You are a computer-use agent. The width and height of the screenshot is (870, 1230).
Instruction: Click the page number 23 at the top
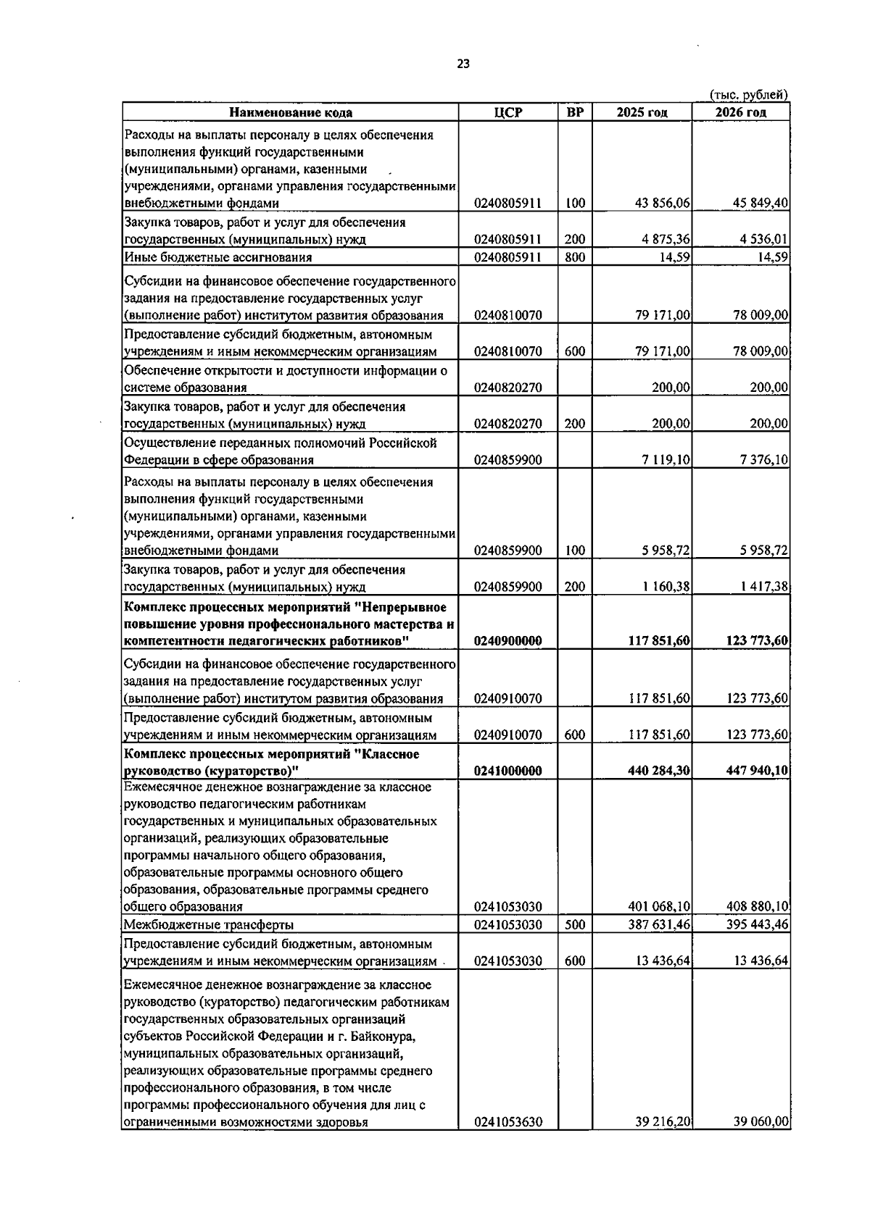pos(463,64)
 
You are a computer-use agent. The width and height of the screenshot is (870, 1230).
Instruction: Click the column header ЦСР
pos(507,112)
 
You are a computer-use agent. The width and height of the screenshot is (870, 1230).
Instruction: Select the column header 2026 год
pos(740,112)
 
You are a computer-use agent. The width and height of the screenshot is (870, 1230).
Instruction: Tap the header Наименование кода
pos(291,112)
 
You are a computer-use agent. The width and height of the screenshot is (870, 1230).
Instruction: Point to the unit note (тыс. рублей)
pos(748,95)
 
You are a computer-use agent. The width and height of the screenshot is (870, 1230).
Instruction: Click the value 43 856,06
pos(662,204)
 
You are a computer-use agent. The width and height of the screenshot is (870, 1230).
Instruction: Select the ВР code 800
pos(574,257)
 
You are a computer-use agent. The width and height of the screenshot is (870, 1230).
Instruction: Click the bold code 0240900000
pos(507,641)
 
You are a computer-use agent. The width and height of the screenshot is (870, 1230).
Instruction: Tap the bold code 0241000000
pos(507,771)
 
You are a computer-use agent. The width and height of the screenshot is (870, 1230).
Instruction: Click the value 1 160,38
pos(666,587)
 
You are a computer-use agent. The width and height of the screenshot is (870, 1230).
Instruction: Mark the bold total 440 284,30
pos(658,771)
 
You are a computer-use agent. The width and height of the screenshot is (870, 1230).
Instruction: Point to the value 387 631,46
pos(658,925)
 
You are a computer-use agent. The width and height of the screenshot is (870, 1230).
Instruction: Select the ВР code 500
pos(574,925)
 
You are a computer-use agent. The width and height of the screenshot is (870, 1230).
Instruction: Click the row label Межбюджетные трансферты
pos(208,925)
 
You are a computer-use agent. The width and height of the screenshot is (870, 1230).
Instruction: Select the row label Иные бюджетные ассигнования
pos(217,257)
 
